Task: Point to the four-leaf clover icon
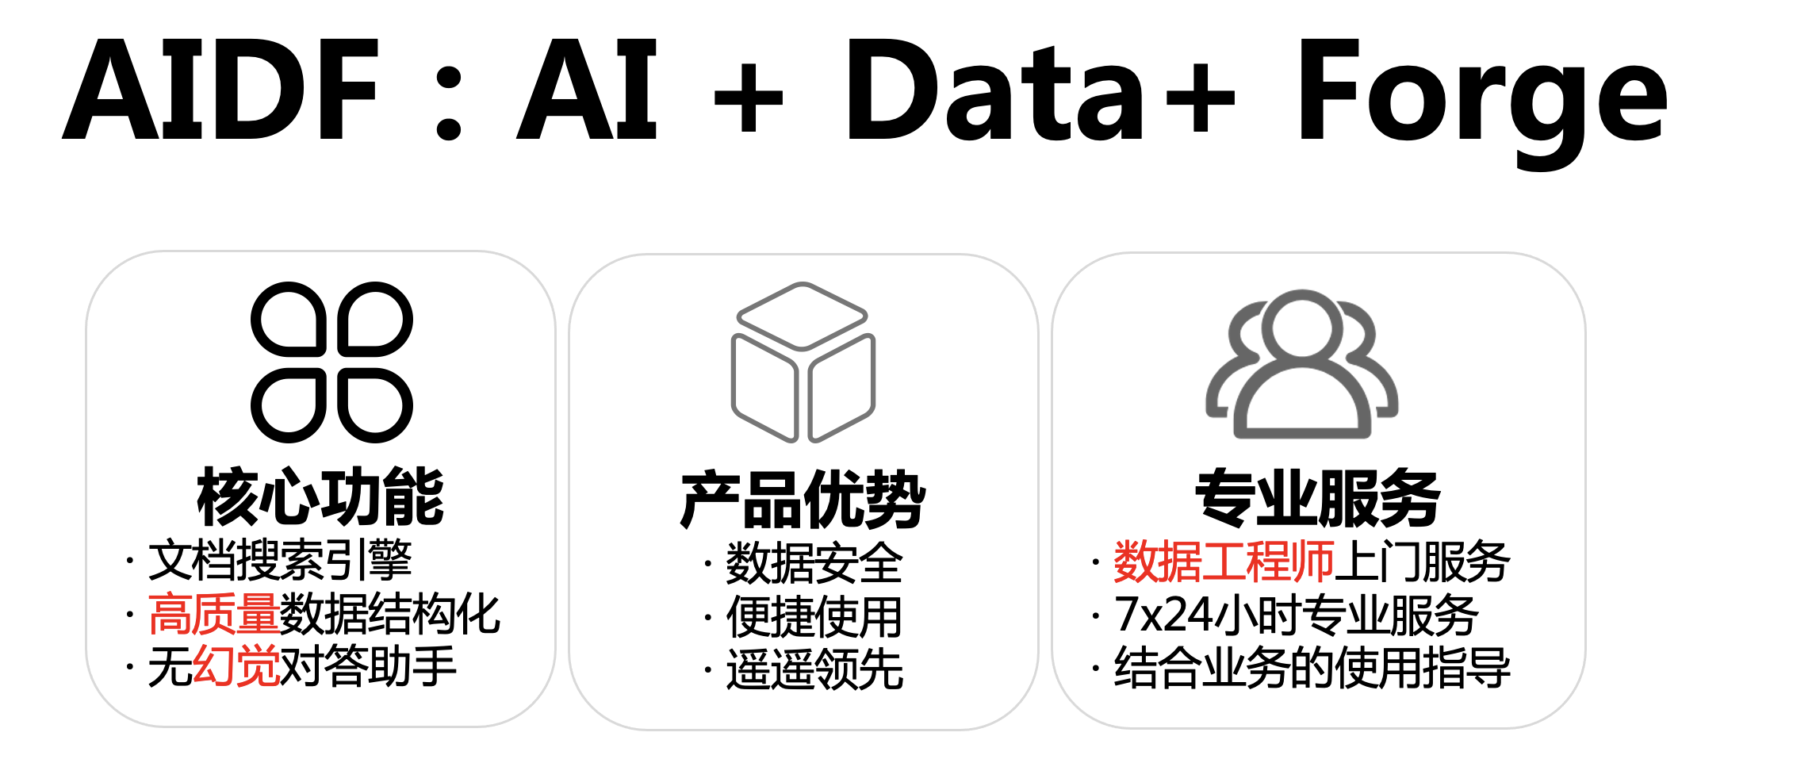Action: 331,362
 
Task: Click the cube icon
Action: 803,362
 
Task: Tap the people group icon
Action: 1301,365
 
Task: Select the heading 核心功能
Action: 320,498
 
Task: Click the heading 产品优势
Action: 803,500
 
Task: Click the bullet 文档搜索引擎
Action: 280,561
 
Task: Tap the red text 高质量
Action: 213,614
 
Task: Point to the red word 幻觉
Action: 236,666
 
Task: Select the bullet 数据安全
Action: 814,563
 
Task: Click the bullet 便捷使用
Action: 814,616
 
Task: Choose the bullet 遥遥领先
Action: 814,669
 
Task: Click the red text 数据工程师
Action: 1224,562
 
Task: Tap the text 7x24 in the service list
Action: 1163,615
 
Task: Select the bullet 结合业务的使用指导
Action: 1312,668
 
